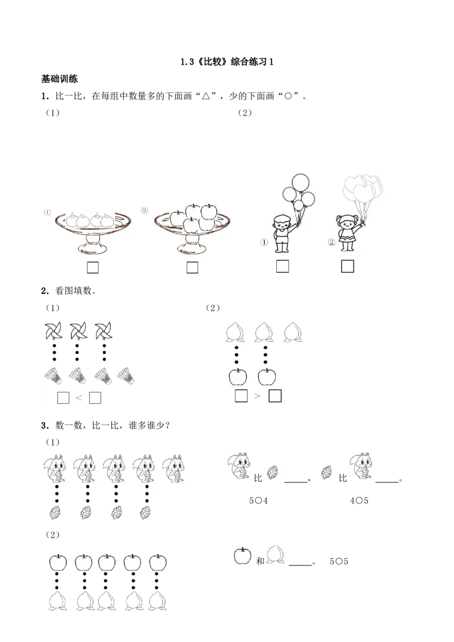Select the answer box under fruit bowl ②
click(x=192, y=267)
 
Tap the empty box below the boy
click(x=283, y=266)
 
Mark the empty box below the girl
click(x=347, y=266)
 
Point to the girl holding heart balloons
click(x=347, y=233)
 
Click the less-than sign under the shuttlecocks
click(x=78, y=398)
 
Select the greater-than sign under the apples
click(x=257, y=396)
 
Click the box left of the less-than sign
click(x=63, y=398)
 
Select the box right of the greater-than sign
click(x=275, y=396)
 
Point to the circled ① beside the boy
click(x=264, y=243)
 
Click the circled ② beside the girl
click(x=331, y=243)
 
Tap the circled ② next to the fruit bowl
click(x=145, y=210)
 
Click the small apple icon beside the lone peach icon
click(x=243, y=556)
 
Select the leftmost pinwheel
click(x=54, y=332)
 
